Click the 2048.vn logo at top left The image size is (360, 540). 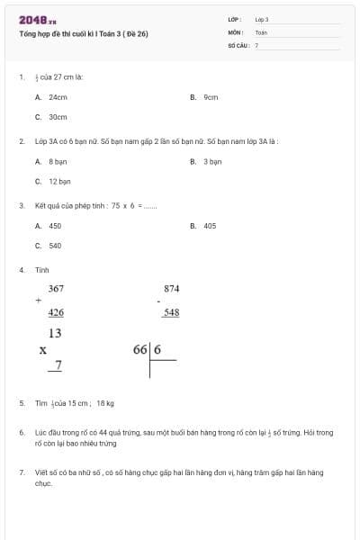38,20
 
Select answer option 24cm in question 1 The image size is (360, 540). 58,97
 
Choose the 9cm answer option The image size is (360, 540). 211,97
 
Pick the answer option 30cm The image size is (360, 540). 58,117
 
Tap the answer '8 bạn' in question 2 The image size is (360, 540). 58,162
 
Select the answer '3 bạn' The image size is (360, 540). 212,162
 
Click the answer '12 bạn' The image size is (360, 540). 59,181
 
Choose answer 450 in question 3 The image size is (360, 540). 55,226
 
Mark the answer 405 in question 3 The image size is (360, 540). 210,226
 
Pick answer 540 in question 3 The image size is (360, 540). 55,245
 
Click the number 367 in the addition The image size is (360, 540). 56,288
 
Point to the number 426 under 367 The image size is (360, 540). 56,312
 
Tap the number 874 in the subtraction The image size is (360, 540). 172,288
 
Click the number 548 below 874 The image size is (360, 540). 172,312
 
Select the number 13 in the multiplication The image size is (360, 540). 56,333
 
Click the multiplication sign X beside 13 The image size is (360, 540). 42,349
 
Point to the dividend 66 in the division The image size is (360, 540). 140,349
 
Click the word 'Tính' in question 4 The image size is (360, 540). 41,270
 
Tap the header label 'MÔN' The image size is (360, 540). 235,31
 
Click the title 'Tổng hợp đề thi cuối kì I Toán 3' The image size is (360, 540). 83,34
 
